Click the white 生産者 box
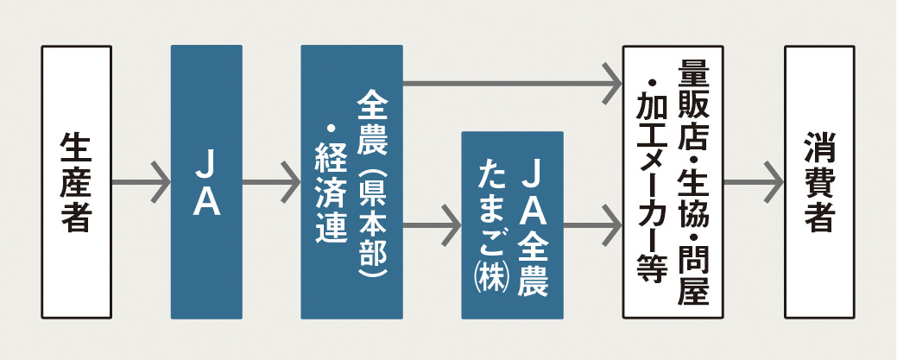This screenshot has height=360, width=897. tap(76, 182)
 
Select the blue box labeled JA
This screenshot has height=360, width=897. tap(206, 182)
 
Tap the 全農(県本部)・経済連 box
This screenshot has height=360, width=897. tap(352, 182)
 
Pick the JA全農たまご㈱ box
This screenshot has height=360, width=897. tap(513, 225)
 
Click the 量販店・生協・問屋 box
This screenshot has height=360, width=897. tap(673, 182)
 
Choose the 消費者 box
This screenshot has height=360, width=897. tap(819, 182)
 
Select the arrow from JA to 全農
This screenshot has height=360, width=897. tap(272, 182)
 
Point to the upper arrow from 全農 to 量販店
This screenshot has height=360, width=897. tap(513, 84)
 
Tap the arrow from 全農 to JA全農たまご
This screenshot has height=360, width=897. tap(433, 225)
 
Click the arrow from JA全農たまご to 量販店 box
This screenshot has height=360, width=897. tap(592, 225)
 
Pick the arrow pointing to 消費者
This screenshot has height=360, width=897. tap(754, 182)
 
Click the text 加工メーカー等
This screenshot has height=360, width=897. tap(652, 186)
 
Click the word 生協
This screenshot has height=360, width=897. tap(693, 194)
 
